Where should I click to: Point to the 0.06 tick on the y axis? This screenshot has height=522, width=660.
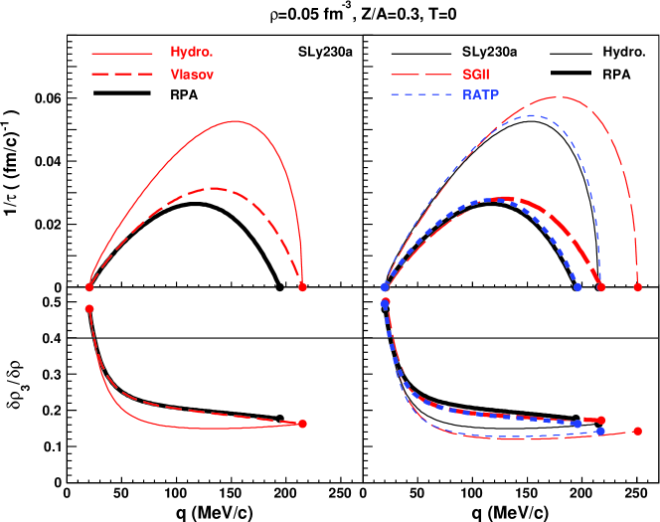coord(44,98)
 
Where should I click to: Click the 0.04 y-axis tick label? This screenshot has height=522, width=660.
coord(44,161)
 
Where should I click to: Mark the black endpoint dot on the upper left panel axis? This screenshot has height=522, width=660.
coord(279,287)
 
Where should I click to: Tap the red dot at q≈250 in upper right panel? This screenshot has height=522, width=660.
coord(637,287)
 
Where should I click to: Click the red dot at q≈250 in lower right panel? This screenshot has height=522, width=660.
coord(637,432)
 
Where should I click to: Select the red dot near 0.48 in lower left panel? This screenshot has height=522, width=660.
coord(89,309)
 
